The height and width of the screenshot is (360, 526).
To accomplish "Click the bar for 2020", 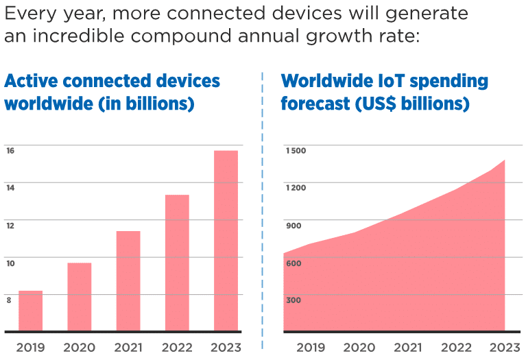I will click(79, 297).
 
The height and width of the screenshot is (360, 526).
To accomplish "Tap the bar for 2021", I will click(128, 281).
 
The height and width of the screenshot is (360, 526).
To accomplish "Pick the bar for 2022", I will click(177, 263).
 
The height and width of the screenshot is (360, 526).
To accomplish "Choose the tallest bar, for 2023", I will click(226, 241).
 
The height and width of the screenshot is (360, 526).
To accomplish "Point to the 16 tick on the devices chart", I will click(10, 150).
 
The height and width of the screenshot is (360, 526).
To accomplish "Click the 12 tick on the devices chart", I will click(10, 225).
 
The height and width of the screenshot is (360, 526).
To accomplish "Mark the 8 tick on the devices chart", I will click(9, 300).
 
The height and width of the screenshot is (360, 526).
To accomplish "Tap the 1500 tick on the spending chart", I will click(296, 150).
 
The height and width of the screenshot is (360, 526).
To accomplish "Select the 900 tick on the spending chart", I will click(294, 226).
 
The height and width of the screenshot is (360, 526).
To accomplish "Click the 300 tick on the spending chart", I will click(294, 300).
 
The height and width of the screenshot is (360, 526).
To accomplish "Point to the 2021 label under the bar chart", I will click(128, 347).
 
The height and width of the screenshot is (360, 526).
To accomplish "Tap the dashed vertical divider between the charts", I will click(263, 206).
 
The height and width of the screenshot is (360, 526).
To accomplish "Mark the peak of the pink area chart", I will click(505, 161).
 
